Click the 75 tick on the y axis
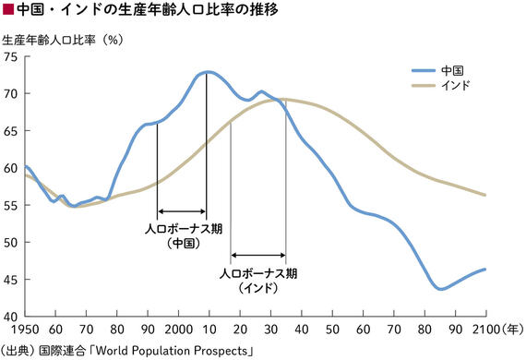[x=10, y=56]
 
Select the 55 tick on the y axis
[x=10, y=205]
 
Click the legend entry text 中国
[x=453, y=69]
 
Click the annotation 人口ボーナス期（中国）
[x=184, y=235]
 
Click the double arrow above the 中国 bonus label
[x=182, y=211]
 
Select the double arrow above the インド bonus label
[x=257, y=255]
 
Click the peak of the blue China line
[x=208, y=71]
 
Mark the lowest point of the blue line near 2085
[x=441, y=289]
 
